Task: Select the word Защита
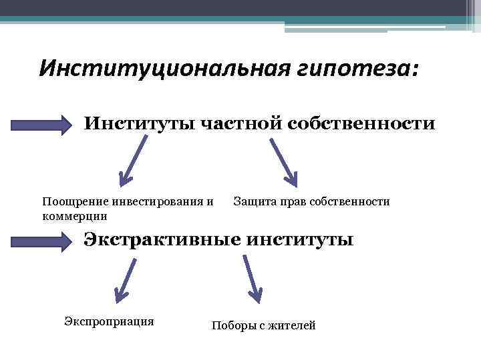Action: click(253, 201)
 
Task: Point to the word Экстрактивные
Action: click(160, 239)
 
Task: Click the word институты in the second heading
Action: click(299, 239)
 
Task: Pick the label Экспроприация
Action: click(109, 321)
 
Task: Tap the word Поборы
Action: click(231, 326)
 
